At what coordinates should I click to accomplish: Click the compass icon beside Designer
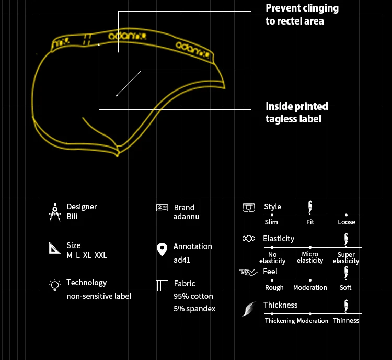(x=54, y=212)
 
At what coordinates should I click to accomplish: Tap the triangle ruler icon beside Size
(x=55, y=248)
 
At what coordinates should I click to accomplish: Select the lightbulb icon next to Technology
(x=54, y=285)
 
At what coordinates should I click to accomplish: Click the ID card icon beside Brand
(x=162, y=208)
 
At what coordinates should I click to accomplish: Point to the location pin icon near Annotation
(x=162, y=250)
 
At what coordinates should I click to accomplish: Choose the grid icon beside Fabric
(x=162, y=286)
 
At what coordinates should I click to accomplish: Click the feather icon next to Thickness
(x=248, y=309)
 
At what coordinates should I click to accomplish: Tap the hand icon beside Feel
(x=249, y=272)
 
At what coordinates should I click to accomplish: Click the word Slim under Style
(x=271, y=222)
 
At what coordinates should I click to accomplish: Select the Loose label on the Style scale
(x=346, y=222)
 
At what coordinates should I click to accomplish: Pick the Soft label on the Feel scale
(x=345, y=287)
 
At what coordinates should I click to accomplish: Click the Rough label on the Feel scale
(x=274, y=287)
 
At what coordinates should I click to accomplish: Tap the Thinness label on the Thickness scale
(x=346, y=320)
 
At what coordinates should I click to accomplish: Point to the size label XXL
(x=101, y=255)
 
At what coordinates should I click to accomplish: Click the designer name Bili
(x=72, y=217)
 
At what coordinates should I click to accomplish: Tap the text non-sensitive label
(x=99, y=296)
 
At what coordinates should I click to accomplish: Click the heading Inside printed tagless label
(x=296, y=113)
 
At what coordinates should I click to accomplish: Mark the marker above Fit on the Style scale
(x=310, y=207)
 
